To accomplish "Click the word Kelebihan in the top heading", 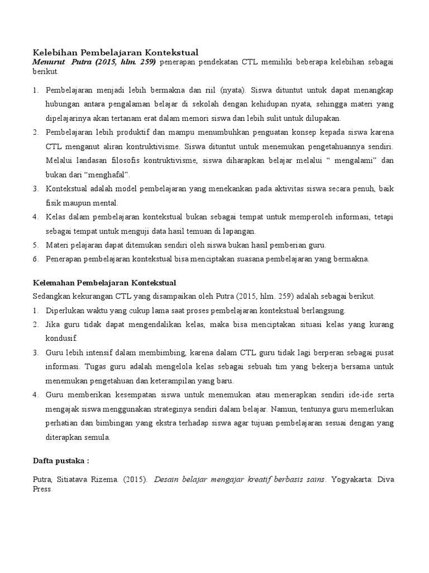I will pos(57,53).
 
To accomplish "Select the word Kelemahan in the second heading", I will pos(58,283).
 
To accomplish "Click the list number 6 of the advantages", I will pos(34,259).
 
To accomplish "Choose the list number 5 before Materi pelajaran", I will pos(34,245).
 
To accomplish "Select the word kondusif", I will pos(62,339).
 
